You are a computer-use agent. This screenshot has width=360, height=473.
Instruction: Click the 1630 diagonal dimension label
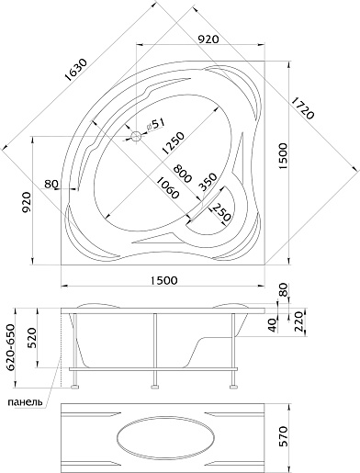[x=76, y=70]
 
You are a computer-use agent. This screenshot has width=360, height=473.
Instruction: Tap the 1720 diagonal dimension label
[x=302, y=108]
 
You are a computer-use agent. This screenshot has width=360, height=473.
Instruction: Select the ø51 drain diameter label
[x=155, y=125]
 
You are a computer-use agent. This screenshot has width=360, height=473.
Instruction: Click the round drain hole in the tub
[x=136, y=136]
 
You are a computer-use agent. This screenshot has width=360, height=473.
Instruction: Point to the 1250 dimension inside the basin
[x=174, y=143]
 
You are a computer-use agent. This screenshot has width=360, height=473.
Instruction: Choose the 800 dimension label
[x=182, y=174]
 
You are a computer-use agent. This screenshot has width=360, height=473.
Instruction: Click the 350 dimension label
[x=208, y=182]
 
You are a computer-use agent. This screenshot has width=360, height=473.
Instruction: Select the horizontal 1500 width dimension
[x=163, y=280]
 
